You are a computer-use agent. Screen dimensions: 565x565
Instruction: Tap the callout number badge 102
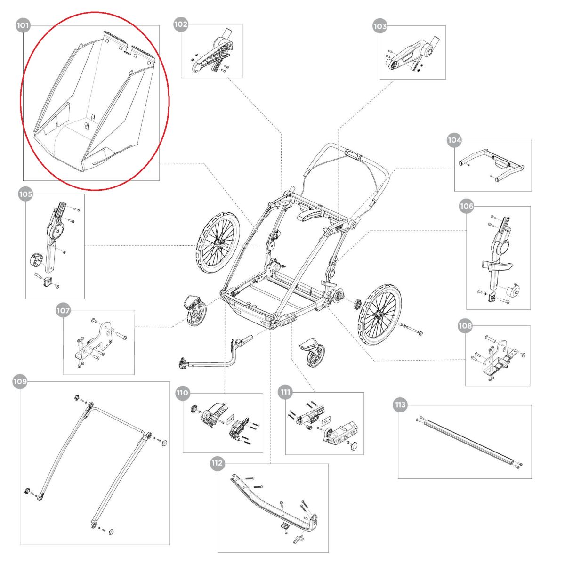pyautogui.click(x=181, y=24)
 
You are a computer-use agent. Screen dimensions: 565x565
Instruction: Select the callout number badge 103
pyautogui.click(x=380, y=26)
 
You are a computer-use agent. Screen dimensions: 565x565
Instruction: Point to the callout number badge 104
pyautogui.click(x=454, y=140)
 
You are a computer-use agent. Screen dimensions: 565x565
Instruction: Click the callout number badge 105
pyautogui.click(x=25, y=194)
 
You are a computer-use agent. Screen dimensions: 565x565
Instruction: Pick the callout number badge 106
pyautogui.click(x=467, y=206)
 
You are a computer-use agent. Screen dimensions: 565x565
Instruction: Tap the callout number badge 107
pyautogui.click(x=63, y=311)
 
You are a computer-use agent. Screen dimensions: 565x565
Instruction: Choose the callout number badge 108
pyautogui.click(x=465, y=326)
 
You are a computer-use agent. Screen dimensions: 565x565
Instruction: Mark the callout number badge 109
pyautogui.click(x=20, y=382)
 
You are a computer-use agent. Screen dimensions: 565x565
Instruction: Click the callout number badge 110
pyautogui.click(x=182, y=393)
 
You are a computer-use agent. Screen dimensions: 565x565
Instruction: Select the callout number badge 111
pyautogui.click(x=285, y=392)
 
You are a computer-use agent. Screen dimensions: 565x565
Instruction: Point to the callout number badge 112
pyautogui.click(x=217, y=463)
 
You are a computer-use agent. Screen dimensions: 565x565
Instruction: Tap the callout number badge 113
pyautogui.click(x=400, y=405)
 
